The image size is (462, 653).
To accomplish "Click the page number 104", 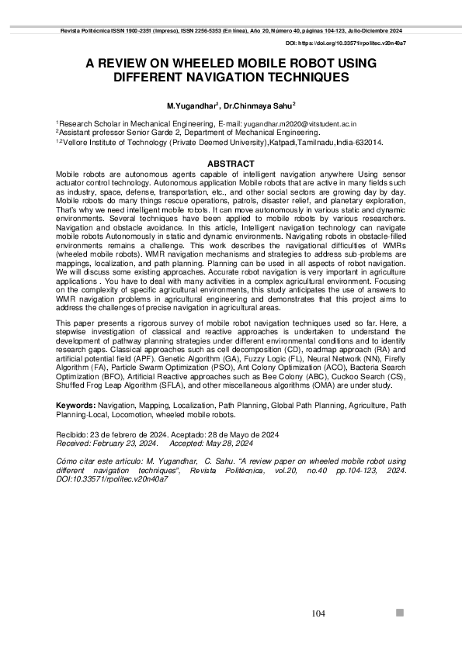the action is click(318, 613).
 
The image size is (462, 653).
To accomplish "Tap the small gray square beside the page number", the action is click(400, 613).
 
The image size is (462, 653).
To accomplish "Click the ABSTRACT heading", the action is click(231, 164).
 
